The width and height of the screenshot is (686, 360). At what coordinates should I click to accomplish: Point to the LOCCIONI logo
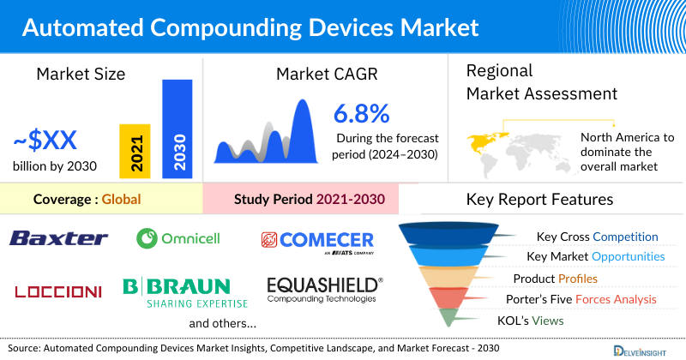pos(58,291)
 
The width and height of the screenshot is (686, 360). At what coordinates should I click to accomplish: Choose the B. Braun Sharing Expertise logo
pos(185,291)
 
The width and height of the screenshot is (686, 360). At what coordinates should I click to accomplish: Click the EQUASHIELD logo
pos(324,288)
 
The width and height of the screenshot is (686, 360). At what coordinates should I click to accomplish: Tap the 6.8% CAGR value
pos(361,113)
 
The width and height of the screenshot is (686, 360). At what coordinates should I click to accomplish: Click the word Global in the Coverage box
pos(121,199)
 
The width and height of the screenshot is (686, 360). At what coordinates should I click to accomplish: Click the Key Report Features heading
pos(539,200)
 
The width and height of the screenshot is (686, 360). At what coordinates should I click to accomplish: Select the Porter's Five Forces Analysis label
pos(584,299)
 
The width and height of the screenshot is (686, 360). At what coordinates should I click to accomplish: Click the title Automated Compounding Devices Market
pos(250,27)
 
